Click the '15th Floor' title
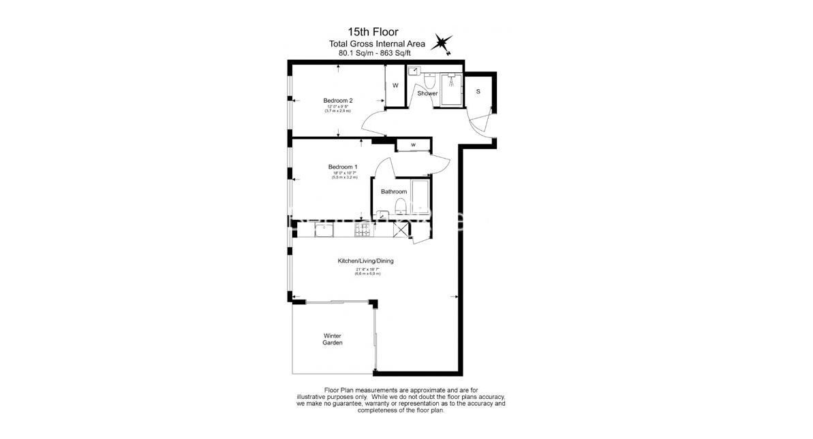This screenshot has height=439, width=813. click(x=373, y=32)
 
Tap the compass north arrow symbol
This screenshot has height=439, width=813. click(x=444, y=44)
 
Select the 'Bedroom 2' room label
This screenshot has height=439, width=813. click(x=337, y=101)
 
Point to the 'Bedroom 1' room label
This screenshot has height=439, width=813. click(x=342, y=167)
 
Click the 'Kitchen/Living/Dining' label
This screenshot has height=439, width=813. click(x=365, y=261)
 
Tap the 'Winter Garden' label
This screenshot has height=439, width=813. click(x=333, y=339)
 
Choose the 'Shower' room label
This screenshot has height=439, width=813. click(x=427, y=93)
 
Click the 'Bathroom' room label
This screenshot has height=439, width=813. click(x=393, y=192)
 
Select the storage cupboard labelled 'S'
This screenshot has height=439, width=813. click(x=478, y=92)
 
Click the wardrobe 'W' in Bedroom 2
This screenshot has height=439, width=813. click(x=395, y=85)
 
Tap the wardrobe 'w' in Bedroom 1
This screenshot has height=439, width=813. click(x=413, y=145)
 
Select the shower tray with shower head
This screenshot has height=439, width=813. click(x=450, y=88)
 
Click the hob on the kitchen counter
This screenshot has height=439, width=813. click(x=361, y=232)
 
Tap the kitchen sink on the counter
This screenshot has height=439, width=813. click(x=323, y=232)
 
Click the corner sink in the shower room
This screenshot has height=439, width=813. click(x=414, y=70)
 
